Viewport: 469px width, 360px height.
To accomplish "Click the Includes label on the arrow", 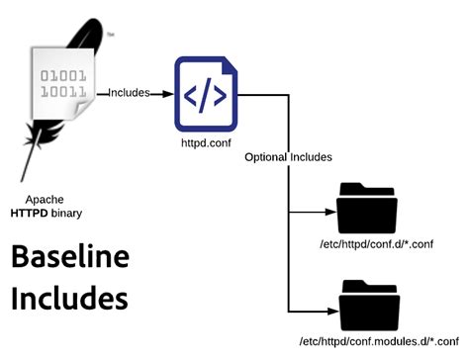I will [128, 93].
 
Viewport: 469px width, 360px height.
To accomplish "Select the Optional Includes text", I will [288, 157].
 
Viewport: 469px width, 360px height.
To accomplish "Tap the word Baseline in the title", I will [70, 259].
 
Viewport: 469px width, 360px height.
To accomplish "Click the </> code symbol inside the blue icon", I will [204, 97].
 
